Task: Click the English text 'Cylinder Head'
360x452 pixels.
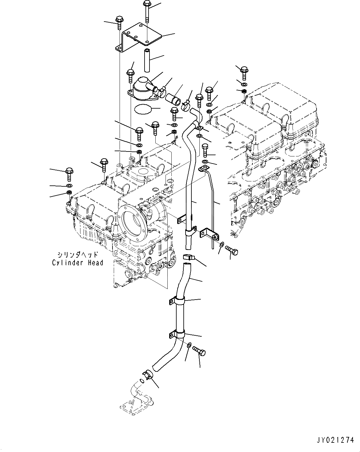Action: pyautogui.click(x=77, y=263)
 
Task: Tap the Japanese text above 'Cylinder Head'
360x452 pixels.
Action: pyautogui.click(x=77, y=255)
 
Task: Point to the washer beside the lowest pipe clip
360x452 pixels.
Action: pyautogui.click(x=190, y=345)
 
